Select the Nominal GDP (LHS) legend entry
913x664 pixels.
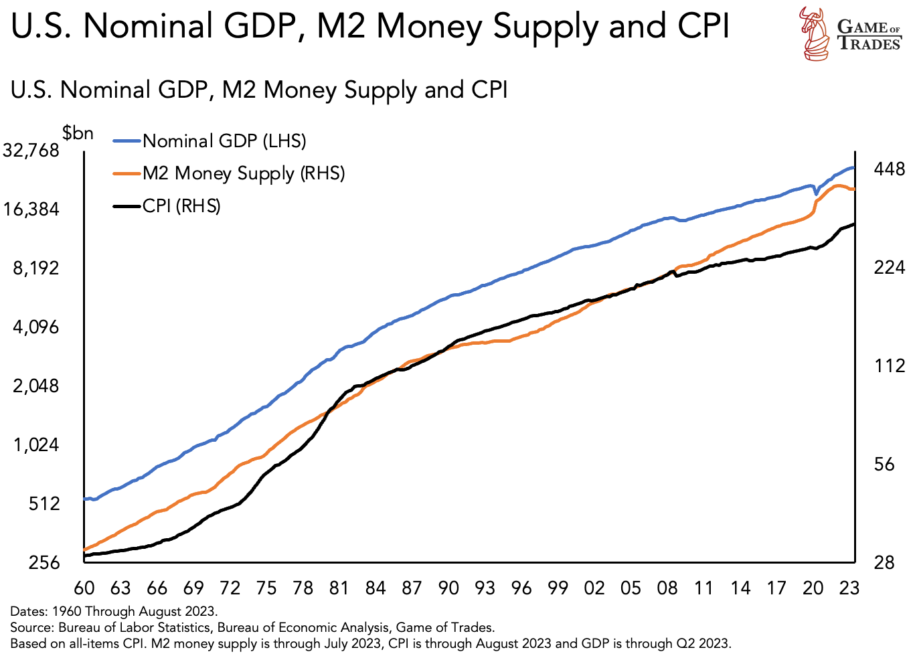click(224, 141)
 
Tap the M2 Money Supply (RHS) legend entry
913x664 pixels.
click(243, 173)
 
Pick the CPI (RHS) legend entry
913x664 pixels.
click(181, 205)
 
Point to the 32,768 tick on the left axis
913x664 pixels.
click(31, 151)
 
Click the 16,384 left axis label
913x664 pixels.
click(31, 210)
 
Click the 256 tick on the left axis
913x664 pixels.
click(44, 563)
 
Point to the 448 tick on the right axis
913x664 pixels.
click(890, 169)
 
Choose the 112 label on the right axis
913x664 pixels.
click(890, 365)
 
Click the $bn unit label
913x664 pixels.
click(78, 133)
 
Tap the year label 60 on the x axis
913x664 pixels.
click(84, 588)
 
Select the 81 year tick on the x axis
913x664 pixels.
click(339, 588)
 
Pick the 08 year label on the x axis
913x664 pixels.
click(667, 588)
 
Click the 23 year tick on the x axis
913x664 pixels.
click(849, 588)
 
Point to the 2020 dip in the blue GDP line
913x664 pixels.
click(816, 194)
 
